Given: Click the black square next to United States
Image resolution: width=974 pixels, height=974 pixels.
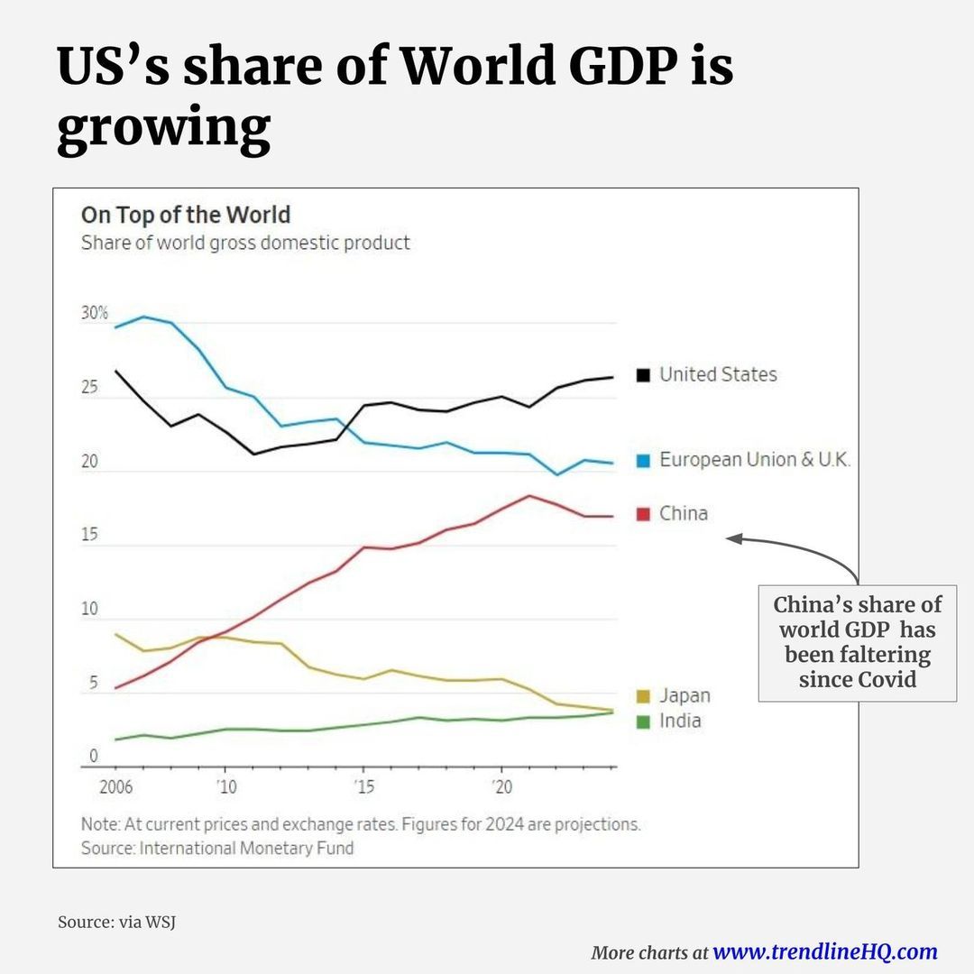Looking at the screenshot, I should tap(643, 374).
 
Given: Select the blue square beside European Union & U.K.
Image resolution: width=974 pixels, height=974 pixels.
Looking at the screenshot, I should tap(643, 460).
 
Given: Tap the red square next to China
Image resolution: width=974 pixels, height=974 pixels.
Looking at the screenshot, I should tap(643, 513).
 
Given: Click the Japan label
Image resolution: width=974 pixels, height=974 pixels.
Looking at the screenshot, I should tap(685, 695).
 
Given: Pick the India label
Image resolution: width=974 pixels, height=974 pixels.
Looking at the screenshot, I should tap(680, 721).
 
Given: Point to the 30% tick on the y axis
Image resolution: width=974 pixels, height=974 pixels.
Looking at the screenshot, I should tap(95, 314).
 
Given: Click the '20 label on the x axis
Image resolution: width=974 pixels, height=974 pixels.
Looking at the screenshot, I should tap(501, 786).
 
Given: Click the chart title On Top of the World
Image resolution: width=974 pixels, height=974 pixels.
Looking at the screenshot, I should tap(186, 216).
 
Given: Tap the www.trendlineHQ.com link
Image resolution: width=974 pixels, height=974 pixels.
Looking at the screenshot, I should tap(824, 951).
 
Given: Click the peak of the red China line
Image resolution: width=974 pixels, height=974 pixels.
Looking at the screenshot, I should tap(529, 495).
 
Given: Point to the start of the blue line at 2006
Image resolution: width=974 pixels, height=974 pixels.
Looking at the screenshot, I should tap(115, 327).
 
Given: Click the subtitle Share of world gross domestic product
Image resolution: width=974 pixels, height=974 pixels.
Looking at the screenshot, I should tap(245, 243).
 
